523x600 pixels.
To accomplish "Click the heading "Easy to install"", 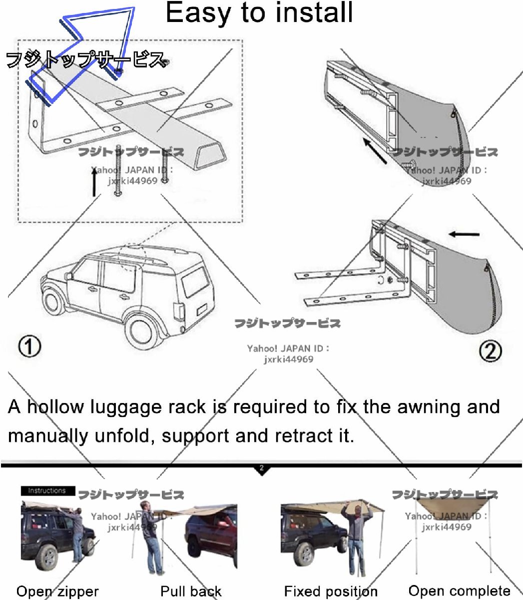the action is click(259, 12).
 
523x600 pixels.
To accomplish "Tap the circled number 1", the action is click(29, 346).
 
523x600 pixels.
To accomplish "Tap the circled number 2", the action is click(490, 351).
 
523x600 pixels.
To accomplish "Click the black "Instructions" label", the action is click(48, 491).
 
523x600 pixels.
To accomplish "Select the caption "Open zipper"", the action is click(57, 591).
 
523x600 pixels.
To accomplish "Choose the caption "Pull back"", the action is click(191, 591).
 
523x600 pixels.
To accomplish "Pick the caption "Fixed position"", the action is click(331, 591).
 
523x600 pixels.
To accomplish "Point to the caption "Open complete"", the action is click(459, 591).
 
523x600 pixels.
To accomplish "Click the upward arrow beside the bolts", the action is click(94, 182).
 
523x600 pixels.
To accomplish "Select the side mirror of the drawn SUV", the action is click(68, 276).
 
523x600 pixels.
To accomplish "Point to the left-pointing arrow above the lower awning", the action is click(464, 234).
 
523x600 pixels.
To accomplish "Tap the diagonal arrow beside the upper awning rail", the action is click(375, 150).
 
